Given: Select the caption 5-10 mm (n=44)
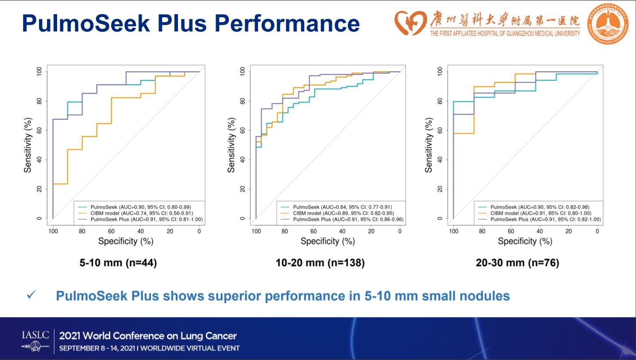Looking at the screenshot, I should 118,263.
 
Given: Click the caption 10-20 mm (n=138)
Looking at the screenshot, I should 320,263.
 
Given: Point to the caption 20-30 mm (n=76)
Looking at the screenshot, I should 517,263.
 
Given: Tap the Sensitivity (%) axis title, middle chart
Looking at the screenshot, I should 231,145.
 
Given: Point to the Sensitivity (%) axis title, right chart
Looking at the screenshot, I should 428,145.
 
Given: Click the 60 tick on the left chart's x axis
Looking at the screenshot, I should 111,231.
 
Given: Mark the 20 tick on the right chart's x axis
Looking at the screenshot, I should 569,231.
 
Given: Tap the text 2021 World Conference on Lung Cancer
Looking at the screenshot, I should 148,336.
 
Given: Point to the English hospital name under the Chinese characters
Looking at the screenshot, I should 505,33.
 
